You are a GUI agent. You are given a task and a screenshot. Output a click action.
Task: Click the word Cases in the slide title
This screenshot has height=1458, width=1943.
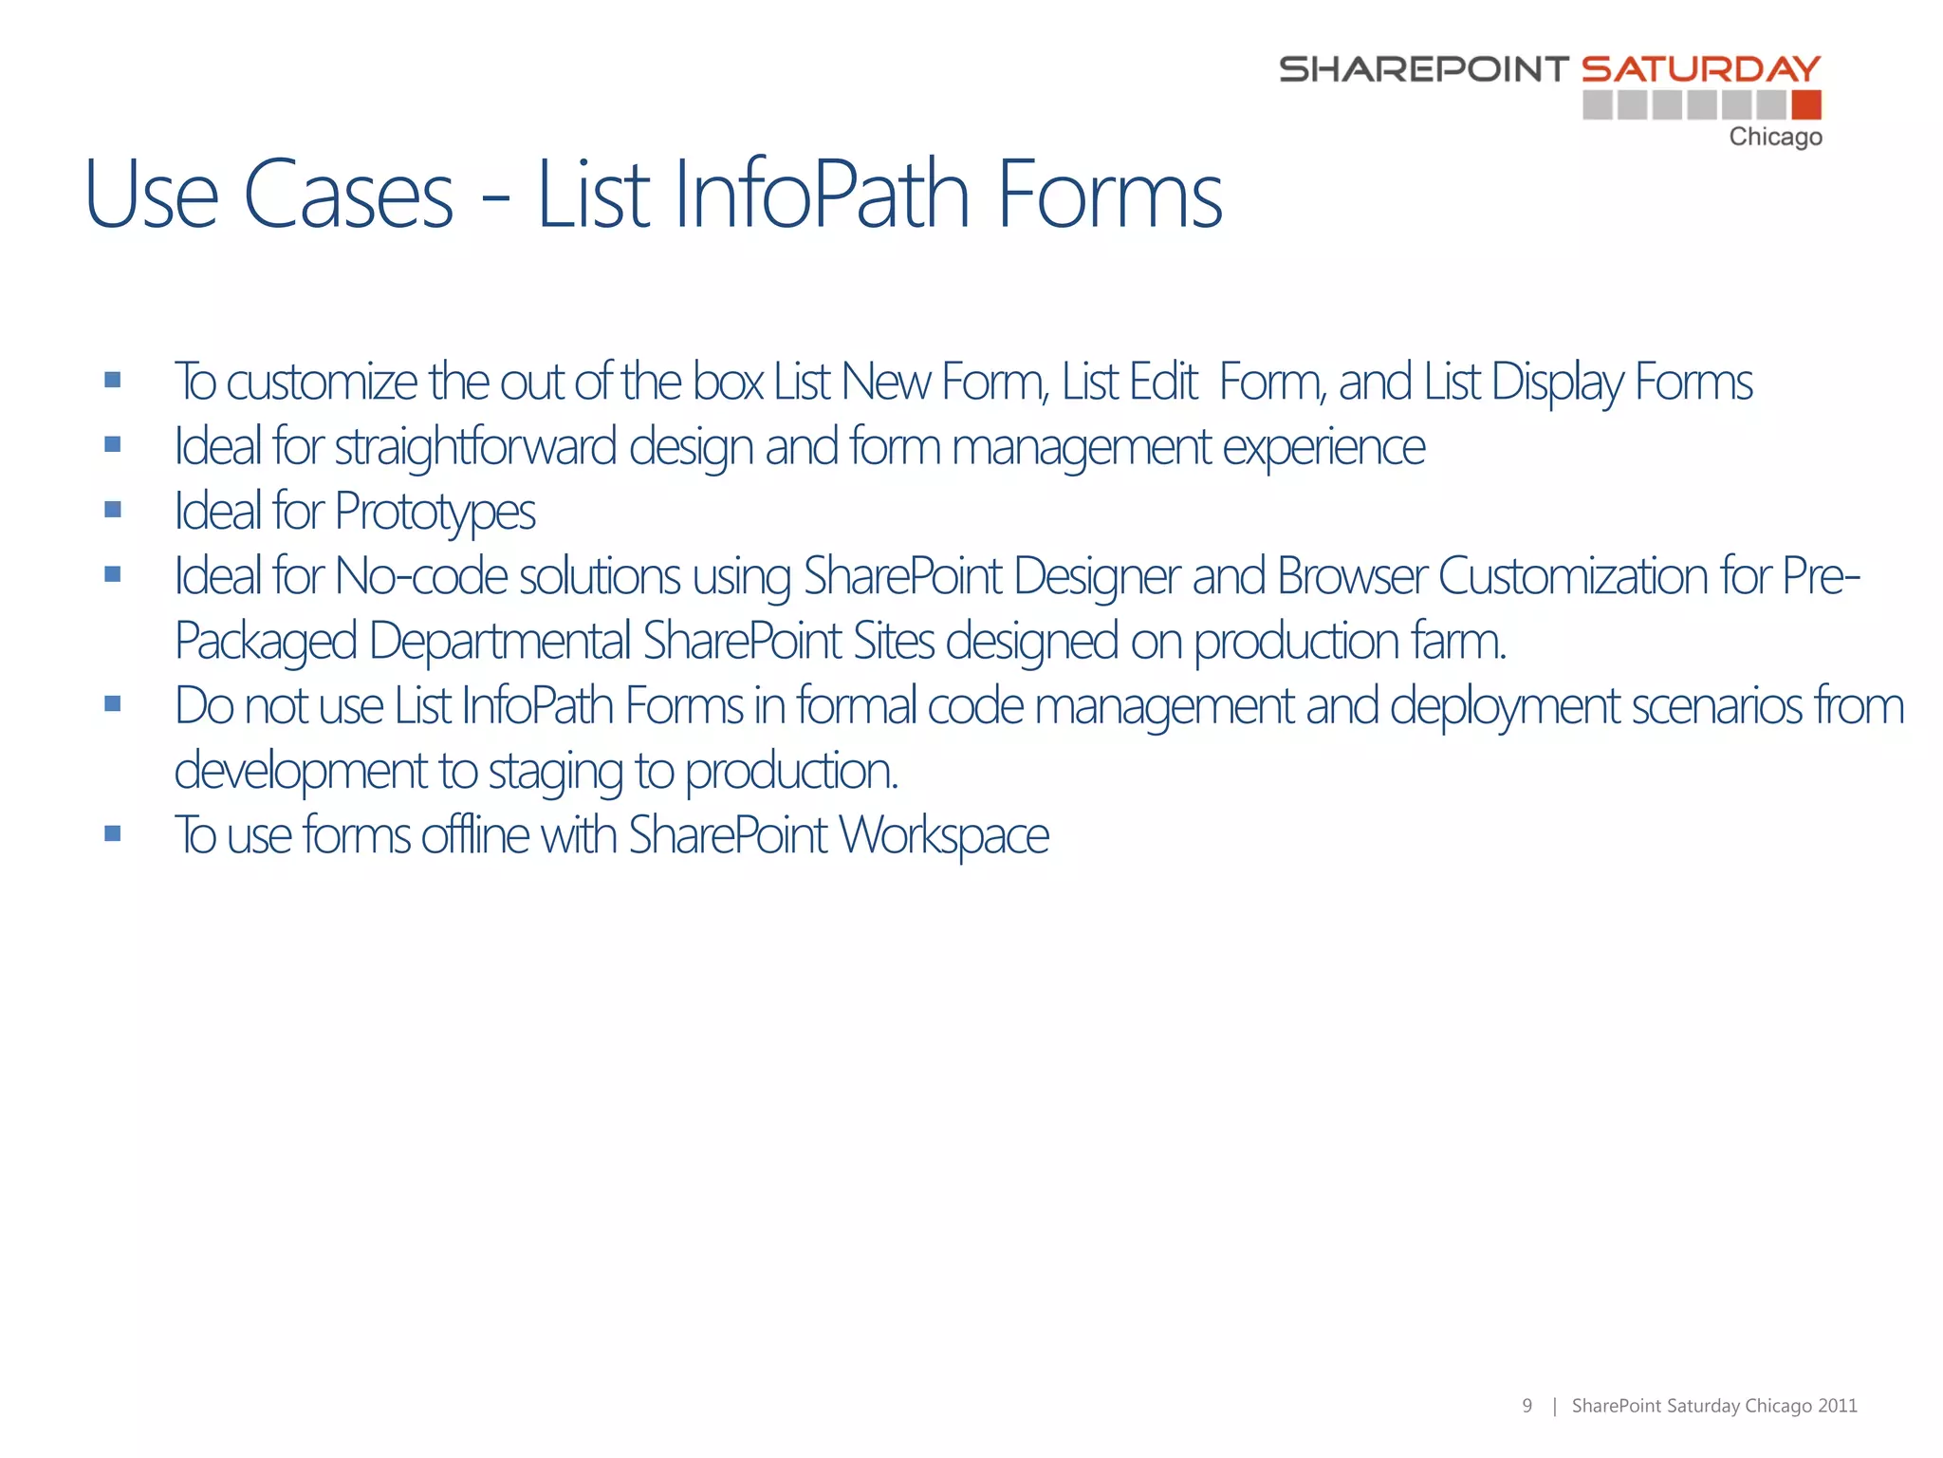pyautogui.click(x=348, y=196)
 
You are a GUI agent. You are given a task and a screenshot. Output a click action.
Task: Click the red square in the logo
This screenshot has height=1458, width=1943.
pyautogui.click(x=1806, y=104)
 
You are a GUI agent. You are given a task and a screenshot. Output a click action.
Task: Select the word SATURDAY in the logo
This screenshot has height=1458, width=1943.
pyautogui.click(x=1701, y=69)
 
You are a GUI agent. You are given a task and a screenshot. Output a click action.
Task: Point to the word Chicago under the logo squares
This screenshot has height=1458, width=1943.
pyautogui.click(x=1775, y=138)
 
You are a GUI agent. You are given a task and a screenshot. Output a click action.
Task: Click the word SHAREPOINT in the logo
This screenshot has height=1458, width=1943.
pyautogui.click(x=1424, y=69)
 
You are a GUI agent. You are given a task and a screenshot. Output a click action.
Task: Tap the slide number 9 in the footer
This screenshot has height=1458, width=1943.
pyautogui.click(x=1527, y=1406)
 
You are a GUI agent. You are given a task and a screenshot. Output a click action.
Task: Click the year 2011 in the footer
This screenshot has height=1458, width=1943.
pyautogui.click(x=1838, y=1406)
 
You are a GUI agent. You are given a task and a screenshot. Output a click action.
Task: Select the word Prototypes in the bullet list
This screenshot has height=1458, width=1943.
pyautogui.click(x=435, y=513)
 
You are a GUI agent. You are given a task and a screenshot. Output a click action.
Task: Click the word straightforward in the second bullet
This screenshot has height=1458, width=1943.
pyautogui.click(x=475, y=447)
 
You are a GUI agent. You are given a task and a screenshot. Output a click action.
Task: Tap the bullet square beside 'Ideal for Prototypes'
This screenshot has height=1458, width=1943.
pyautogui.click(x=113, y=510)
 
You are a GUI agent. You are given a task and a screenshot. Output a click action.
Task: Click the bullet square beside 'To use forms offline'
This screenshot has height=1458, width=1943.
pyautogui.click(x=113, y=834)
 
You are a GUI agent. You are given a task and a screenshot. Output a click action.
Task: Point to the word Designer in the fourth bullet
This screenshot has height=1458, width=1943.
pyautogui.click(x=1096, y=577)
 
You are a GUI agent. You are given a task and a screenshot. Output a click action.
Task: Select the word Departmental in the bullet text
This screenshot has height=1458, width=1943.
pyautogui.click(x=500, y=642)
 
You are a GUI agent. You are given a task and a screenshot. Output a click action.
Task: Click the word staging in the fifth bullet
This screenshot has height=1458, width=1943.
pyautogui.click(x=555, y=772)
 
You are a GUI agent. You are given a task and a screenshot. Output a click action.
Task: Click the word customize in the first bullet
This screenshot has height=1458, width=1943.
pyautogui.click(x=322, y=383)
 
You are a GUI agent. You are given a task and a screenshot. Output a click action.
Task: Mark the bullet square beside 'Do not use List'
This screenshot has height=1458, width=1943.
pyautogui.click(x=113, y=704)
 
